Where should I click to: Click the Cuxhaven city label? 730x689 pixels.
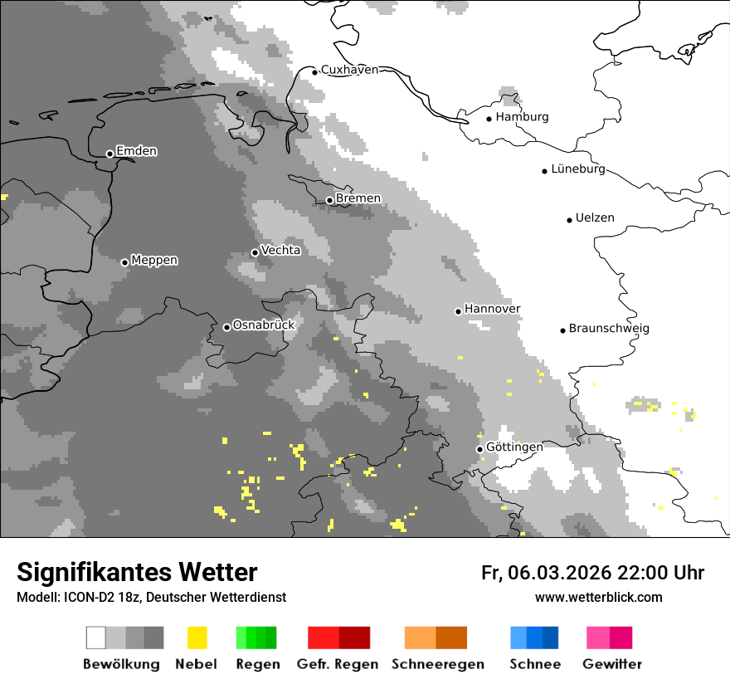click(x=349, y=70)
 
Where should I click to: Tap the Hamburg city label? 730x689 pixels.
click(x=522, y=117)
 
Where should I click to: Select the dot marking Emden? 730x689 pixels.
click(x=109, y=154)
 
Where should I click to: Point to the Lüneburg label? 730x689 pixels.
click(x=578, y=169)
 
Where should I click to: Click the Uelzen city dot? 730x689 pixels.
click(x=569, y=220)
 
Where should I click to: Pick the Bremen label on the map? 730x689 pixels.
click(x=358, y=198)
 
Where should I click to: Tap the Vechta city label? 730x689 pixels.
click(x=280, y=250)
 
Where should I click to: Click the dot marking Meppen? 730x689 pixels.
click(x=124, y=262)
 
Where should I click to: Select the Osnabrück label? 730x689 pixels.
click(x=264, y=325)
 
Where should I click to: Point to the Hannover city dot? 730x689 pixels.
click(x=458, y=311)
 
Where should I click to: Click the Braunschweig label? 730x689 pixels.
click(x=609, y=329)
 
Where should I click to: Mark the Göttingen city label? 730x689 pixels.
click(x=514, y=447)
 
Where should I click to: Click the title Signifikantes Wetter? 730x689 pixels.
click(x=137, y=573)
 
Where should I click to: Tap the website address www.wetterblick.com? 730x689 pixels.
click(x=598, y=597)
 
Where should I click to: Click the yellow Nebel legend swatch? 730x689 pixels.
click(x=197, y=638)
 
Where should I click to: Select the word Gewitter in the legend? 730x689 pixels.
click(x=612, y=664)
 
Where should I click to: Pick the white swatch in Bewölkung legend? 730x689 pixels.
click(x=95, y=638)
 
